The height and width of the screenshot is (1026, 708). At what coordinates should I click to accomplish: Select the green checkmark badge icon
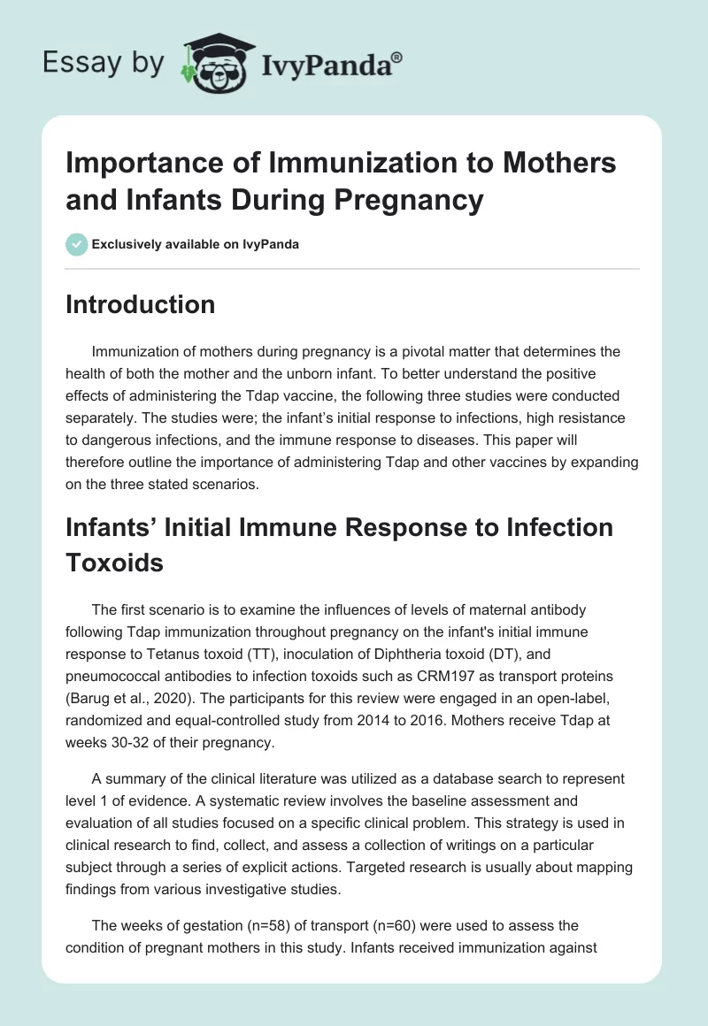click(76, 244)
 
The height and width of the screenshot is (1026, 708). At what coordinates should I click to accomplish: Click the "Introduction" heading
click(141, 304)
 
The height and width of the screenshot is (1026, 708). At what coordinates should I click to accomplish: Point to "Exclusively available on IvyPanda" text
click(194, 244)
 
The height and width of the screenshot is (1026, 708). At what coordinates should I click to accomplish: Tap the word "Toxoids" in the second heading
click(115, 562)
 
